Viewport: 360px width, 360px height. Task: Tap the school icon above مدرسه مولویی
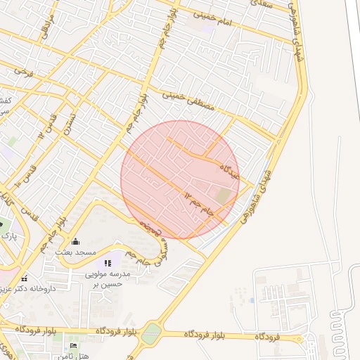point(108,263)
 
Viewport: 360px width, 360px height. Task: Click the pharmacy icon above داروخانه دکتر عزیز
point(25,278)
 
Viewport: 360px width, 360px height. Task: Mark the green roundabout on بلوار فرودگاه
point(151,334)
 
